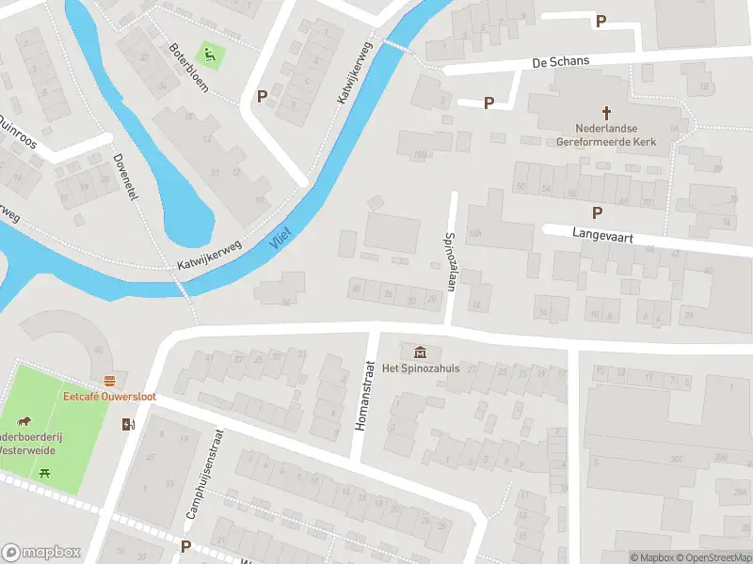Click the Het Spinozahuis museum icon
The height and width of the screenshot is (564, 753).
tap(419, 352)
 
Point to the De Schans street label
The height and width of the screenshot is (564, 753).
tap(560, 61)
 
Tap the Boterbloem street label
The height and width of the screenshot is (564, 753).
tap(188, 70)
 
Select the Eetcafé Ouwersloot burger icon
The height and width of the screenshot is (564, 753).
tap(110, 381)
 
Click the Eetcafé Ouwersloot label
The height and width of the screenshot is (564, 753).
tap(109, 397)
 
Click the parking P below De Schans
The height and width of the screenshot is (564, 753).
tap(489, 102)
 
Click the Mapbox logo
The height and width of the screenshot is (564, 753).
tap(41, 552)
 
